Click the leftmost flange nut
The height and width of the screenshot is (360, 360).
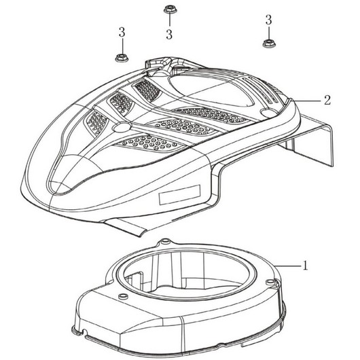click(122, 58)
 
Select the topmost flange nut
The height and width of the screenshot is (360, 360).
click(169, 10)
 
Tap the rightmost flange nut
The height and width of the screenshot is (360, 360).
click(269, 43)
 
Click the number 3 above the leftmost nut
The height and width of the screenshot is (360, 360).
click(122, 33)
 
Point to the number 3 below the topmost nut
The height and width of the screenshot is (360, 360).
click(169, 35)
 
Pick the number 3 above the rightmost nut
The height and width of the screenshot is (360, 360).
click(268, 20)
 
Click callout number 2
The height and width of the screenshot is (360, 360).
click(327, 101)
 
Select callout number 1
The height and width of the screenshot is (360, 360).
click(305, 266)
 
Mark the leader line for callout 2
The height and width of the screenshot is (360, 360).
click(306, 101)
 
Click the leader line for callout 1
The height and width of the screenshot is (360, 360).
click(288, 266)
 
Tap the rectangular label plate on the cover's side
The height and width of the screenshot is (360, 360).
click(179, 195)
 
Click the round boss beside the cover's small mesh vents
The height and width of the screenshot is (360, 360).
click(122, 127)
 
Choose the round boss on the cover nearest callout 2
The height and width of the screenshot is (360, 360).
click(268, 112)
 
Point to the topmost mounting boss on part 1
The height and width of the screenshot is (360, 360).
click(165, 242)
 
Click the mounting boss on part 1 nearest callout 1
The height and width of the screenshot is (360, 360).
click(268, 281)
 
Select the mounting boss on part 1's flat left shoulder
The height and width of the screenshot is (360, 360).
click(122, 295)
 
